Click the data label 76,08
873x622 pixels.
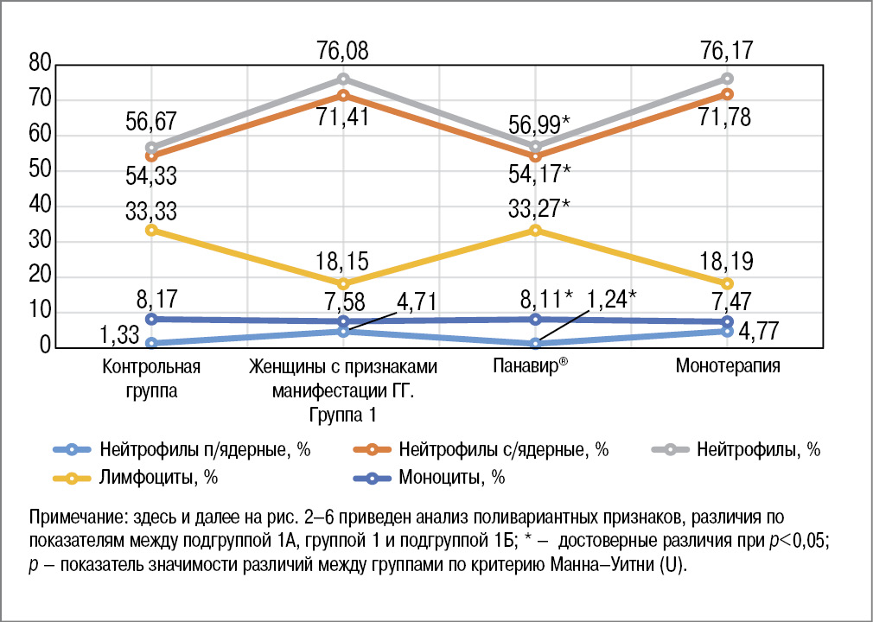[344, 52]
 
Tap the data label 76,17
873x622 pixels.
[728, 52]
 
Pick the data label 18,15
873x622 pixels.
[344, 262]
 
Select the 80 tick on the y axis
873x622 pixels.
[40, 65]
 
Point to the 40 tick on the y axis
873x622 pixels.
[40, 206]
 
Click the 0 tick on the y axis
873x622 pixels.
[46, 347]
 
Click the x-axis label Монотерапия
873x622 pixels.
[728, 365]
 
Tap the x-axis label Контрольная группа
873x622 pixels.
[151, 378]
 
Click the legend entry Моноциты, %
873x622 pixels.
[451, 477]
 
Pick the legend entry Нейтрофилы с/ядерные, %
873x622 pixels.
[504, 449]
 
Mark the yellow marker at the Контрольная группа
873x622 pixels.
[151, 230]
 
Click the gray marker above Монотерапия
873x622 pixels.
[728, 79]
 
